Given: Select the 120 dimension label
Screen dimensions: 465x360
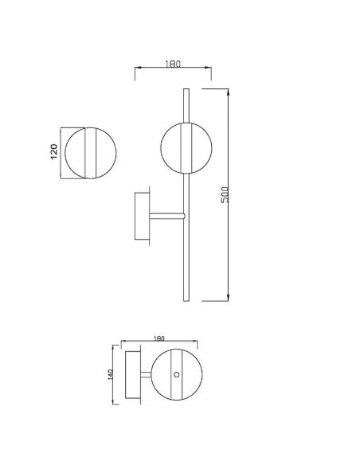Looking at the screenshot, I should [x=54, y=152].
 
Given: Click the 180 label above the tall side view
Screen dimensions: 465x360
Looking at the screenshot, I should [x=172, y=64].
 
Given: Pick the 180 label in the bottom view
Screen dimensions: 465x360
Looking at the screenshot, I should [x=158, y=340].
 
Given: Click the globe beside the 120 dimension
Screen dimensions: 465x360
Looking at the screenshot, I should [x=90, y=152].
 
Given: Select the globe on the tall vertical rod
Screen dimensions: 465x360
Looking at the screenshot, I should [x=186, y=147].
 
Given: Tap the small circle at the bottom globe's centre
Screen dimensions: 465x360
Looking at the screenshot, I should [x=178, y=374].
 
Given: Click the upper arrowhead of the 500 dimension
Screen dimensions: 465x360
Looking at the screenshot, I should [x=230, y=90].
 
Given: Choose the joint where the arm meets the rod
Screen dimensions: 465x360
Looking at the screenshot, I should [x=185, y=215].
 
